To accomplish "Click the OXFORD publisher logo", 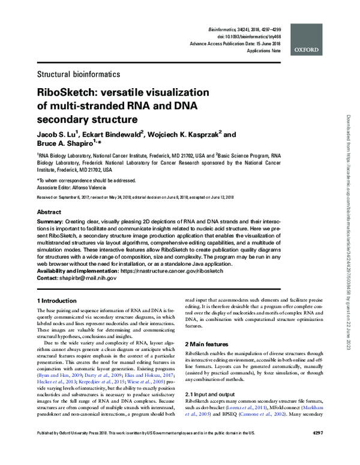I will point(308,51).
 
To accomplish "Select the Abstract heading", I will point(49,212).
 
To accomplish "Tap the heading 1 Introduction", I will point(60,299).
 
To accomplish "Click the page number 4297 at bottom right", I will point(317,449).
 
